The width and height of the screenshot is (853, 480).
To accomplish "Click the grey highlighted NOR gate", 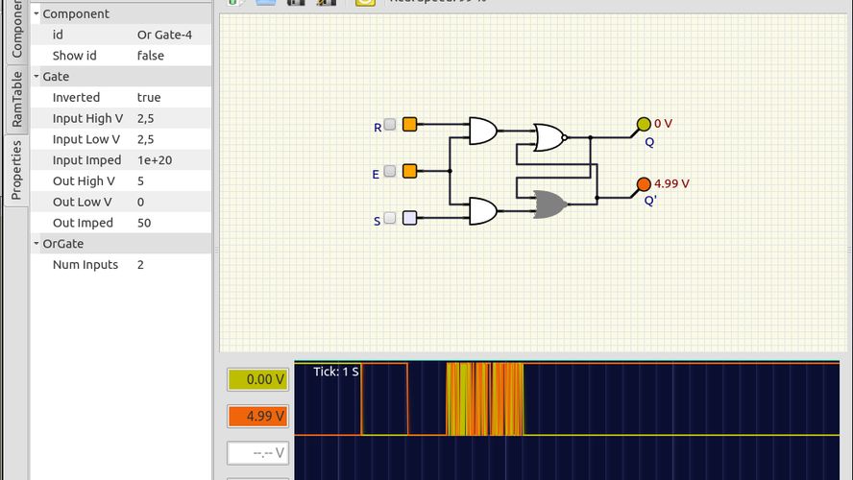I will coord(549,204).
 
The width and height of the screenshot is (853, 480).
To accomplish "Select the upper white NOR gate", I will coord(549,137).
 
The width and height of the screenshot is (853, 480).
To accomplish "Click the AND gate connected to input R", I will coord(482,131).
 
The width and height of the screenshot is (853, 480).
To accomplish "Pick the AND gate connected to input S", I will coord(482,210).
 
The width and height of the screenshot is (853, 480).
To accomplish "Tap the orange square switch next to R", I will coord(409,125).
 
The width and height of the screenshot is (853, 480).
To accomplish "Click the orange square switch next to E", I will coord(409,171).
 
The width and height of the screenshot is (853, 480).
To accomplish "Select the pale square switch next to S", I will coord(409,218).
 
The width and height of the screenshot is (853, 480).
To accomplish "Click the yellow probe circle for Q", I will coord(644,124).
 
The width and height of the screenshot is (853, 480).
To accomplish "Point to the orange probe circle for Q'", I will coord(644,183).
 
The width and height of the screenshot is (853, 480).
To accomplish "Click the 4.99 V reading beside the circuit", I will coord(671,183).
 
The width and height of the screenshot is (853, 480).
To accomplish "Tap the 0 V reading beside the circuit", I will coord(664,124).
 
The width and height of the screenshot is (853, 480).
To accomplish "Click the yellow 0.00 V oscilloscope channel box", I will coord(257,379).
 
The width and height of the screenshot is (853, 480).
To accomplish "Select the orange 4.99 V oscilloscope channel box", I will coord(257,416).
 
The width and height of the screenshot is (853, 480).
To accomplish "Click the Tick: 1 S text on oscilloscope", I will coord(336,372).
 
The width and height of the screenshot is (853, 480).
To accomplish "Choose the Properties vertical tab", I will coord(15,170).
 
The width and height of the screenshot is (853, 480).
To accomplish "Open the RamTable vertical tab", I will coord(15,99).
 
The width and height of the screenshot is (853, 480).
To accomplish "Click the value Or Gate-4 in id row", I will coord(164,35).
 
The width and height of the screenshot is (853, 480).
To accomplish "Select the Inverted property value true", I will coord(149,97).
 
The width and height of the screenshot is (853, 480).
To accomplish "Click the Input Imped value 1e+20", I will coord(155,160).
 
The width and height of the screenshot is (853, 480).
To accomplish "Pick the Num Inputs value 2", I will coord(141,264).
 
